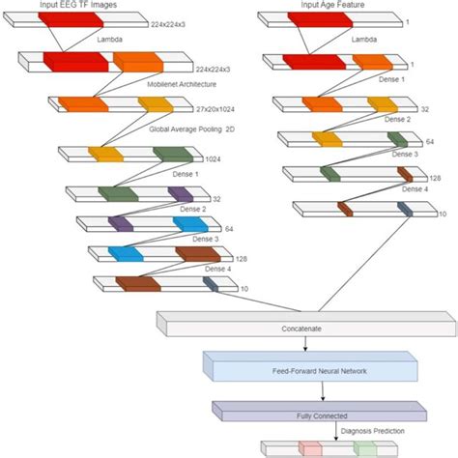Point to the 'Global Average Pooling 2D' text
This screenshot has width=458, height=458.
[191, 128]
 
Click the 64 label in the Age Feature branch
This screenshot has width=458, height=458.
[430, 142]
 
